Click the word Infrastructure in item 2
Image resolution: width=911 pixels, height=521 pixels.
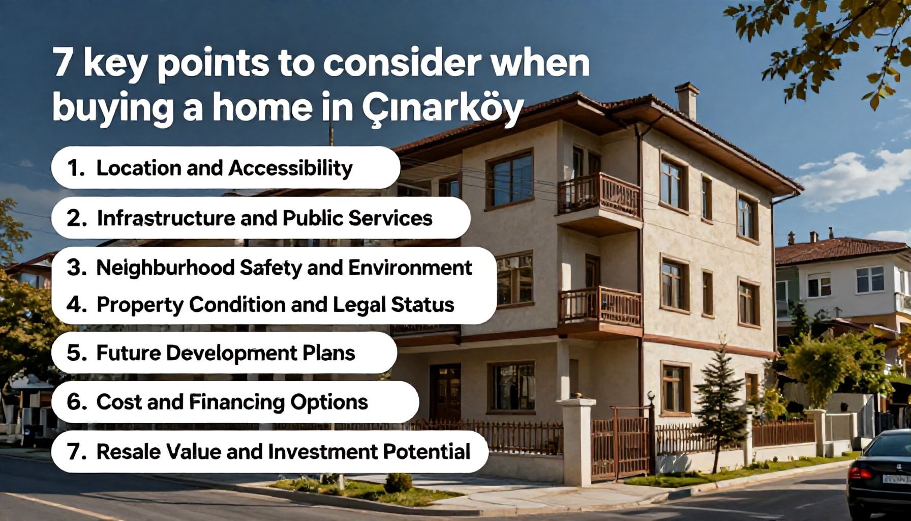tap(166, 218)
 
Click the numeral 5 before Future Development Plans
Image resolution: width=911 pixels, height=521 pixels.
tap(74, 353)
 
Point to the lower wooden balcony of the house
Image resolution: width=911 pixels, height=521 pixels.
tap(599, 307)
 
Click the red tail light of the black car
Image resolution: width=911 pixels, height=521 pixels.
tap(860, 473)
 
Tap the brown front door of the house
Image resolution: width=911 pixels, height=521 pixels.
tap(445, 391)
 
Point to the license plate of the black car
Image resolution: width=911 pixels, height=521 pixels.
tap(896, 479)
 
